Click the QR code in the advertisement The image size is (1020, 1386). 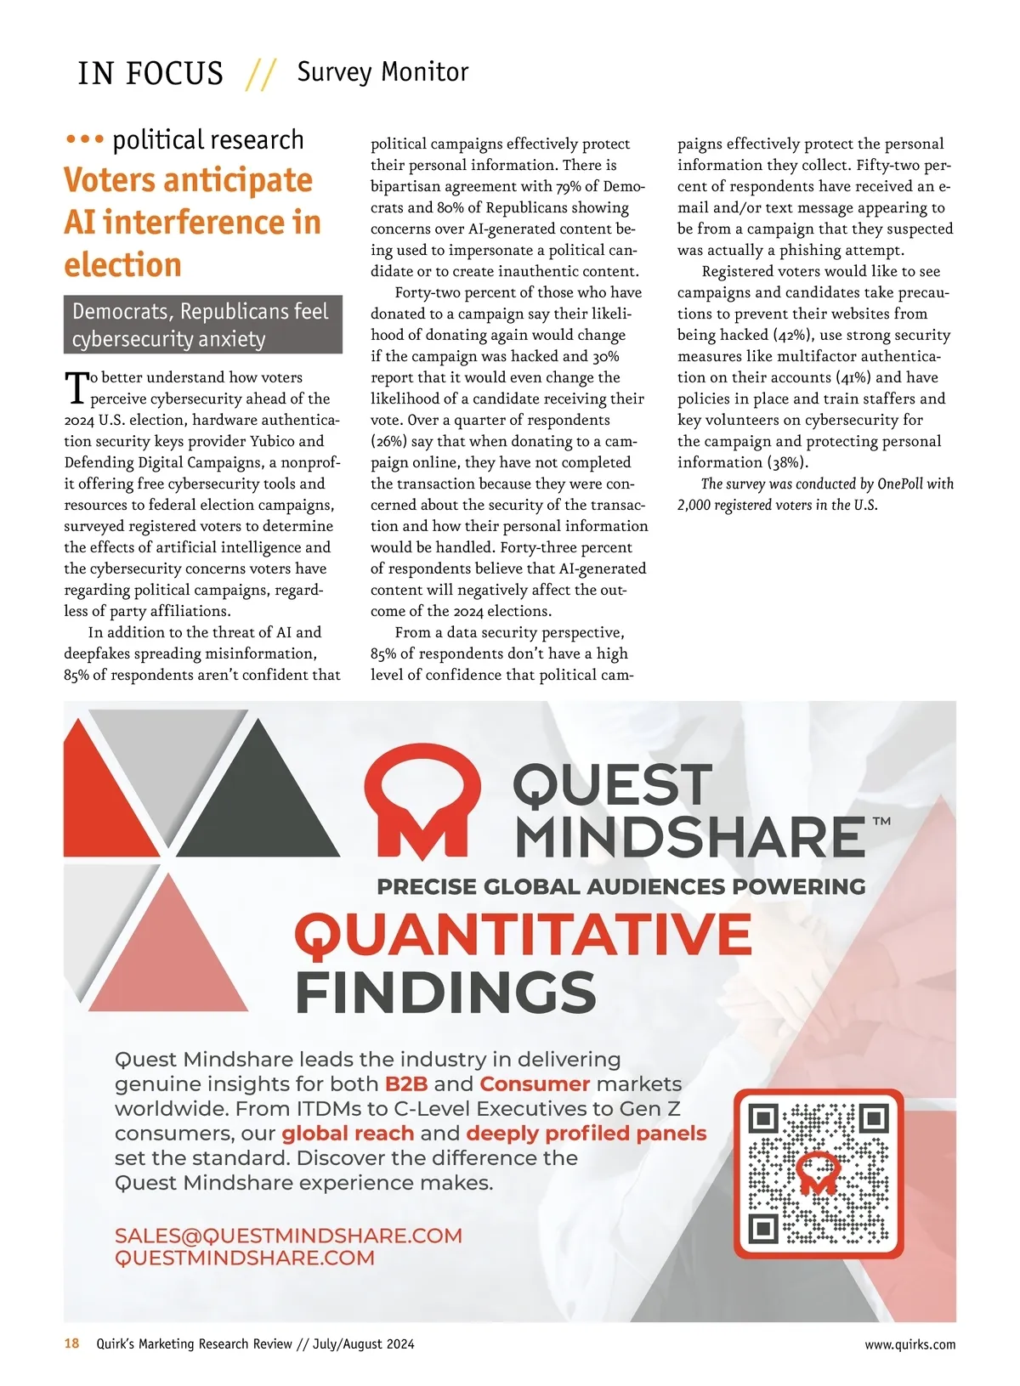(819, 1173)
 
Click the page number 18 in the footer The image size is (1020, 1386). (72, 1344)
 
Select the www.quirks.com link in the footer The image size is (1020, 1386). (909, 1344)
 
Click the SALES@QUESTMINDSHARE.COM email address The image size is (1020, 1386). (288, 1236)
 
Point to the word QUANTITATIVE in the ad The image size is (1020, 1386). (523, 935)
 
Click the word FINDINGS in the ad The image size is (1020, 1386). (445, 992)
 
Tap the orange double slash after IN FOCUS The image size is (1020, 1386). (260, 74)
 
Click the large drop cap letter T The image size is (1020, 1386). (76, 388)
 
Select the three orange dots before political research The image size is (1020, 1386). (84, 139)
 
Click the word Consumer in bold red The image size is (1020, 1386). (535, 1083)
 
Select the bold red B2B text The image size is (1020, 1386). (406, 1083)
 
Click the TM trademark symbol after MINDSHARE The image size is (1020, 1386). (881, 822)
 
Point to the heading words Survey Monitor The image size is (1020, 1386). (382, 72)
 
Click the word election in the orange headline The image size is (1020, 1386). (122, 264)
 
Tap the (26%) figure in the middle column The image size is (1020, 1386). (388, 441)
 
